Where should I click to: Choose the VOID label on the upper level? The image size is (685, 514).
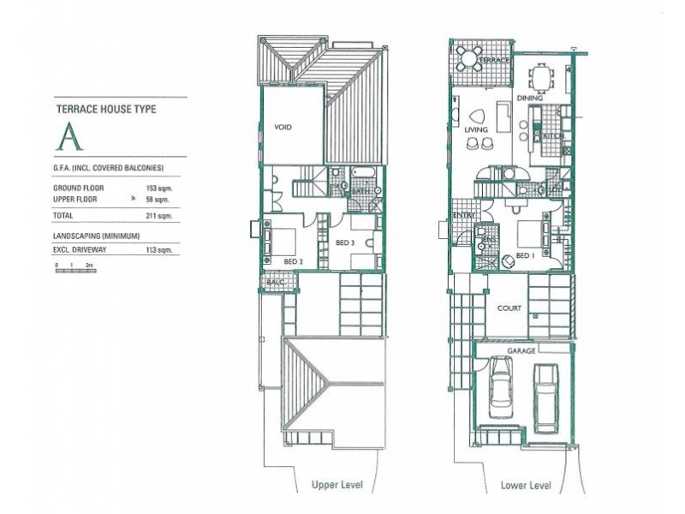point(283,127)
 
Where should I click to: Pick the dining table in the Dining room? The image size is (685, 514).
point(543,78)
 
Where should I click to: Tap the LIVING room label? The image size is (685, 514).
point(476,130)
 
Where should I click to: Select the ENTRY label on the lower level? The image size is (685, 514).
point(464,215)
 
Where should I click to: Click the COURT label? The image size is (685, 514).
point(509,308)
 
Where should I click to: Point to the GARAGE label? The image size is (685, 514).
point(522,350)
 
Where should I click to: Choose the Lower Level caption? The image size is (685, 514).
point(525,486)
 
